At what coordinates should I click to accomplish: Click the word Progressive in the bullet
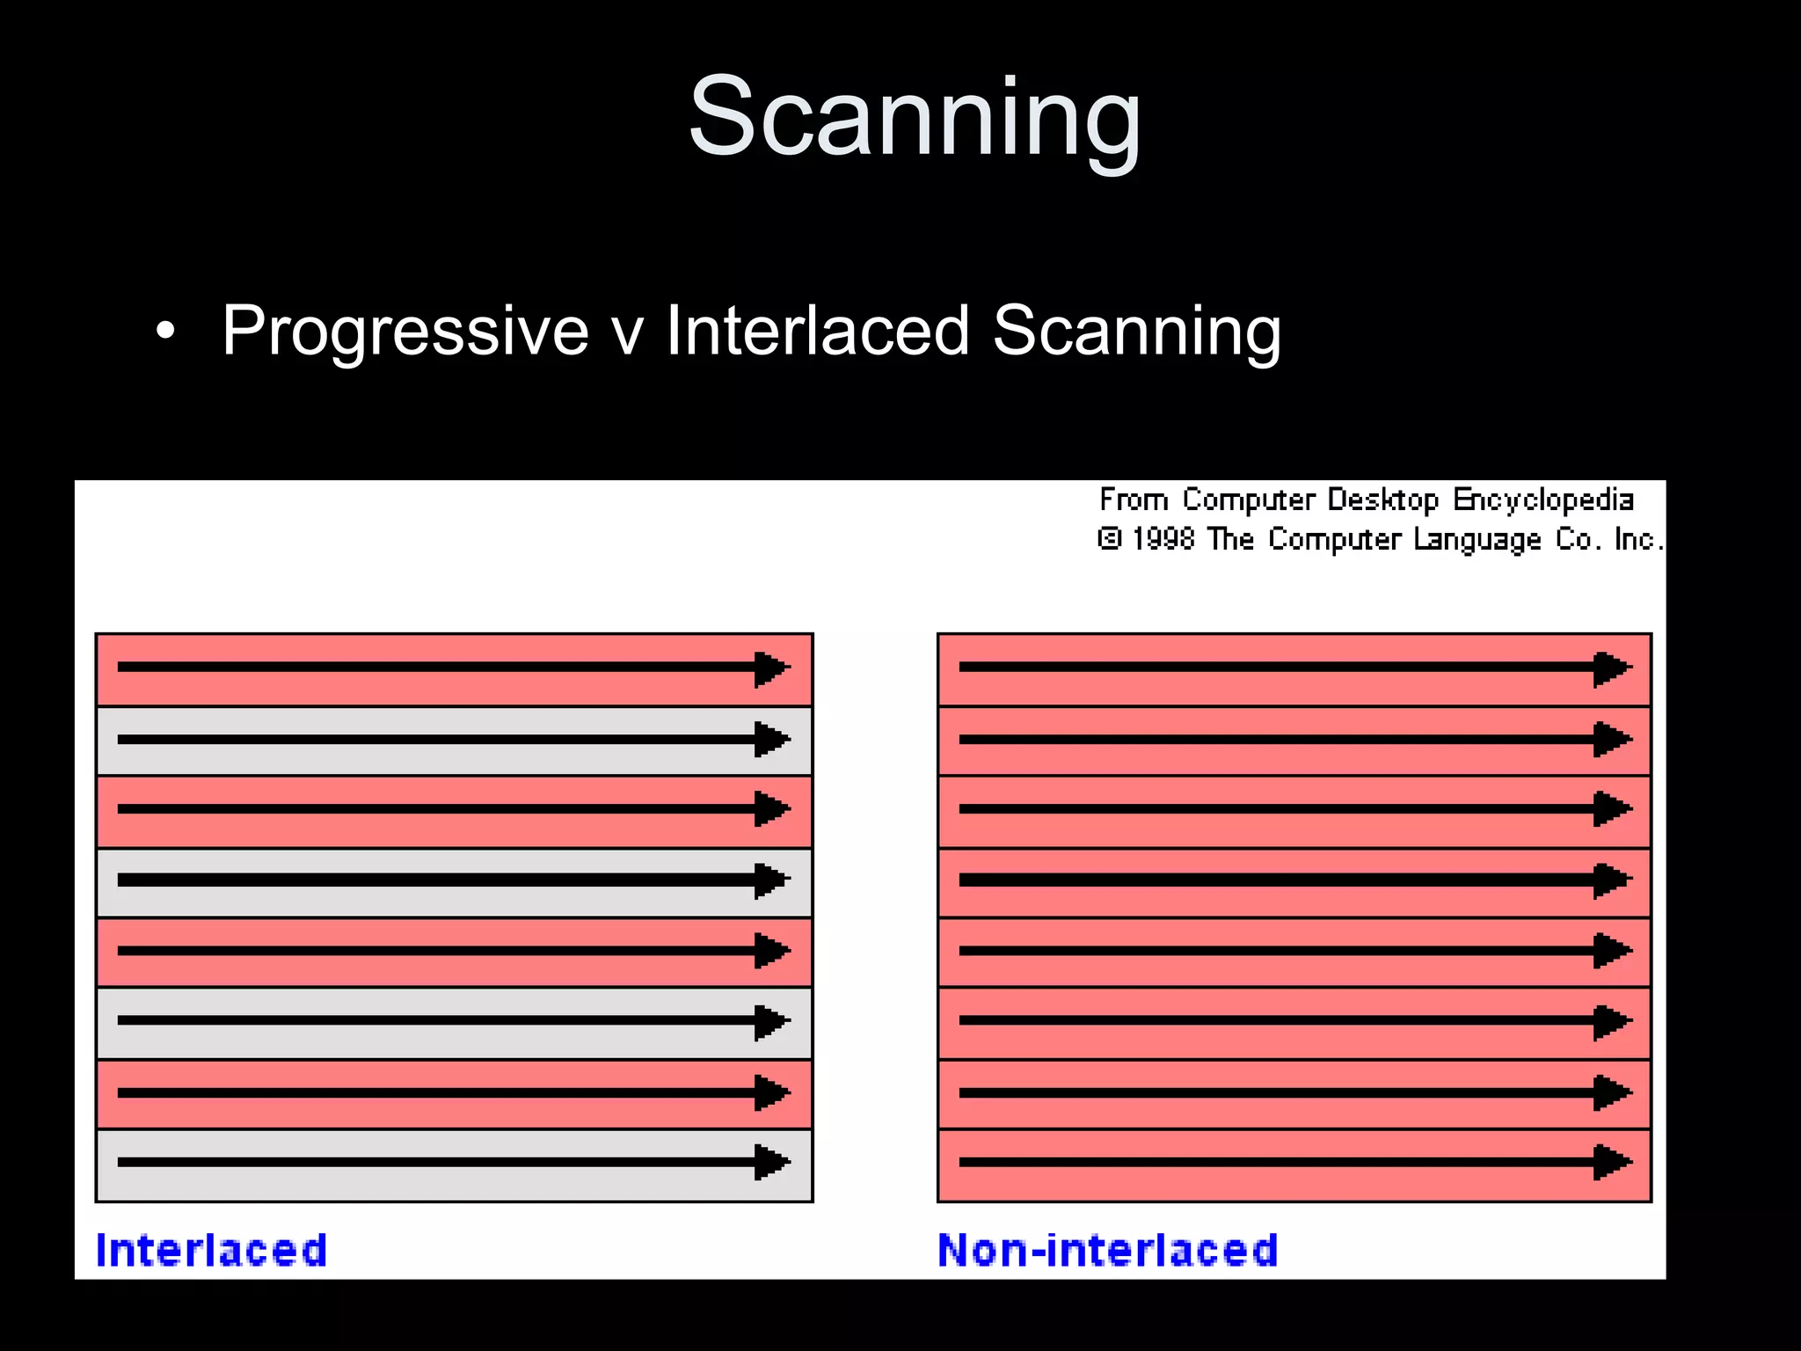(x=405, y=331)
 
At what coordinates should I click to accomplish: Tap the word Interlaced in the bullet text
(x=817, y=331)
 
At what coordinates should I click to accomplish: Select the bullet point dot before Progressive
(x=164, y=332)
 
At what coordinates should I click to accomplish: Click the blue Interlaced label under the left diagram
(x=211, y=1250)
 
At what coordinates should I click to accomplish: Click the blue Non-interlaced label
(x=1107, y=1250)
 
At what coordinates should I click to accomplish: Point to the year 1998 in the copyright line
(x=1163, y=538)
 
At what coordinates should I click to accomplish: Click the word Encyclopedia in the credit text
(x=1542, y=500)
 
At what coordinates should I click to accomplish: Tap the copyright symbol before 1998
(x=1109, y=538)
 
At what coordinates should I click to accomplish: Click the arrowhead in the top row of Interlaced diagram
(x=771, y=668)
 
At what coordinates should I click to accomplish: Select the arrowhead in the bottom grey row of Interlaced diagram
(x=771, y=1162)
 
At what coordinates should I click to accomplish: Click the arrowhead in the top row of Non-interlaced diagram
(x=1612, y=668)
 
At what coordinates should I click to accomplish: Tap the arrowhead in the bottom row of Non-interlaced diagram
(x=1612, y=1162)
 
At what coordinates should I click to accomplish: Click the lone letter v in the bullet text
(x=626, y=332)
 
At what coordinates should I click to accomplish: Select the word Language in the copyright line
(x=1477, y=539)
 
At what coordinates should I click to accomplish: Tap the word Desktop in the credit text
(x=1382, y=500)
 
